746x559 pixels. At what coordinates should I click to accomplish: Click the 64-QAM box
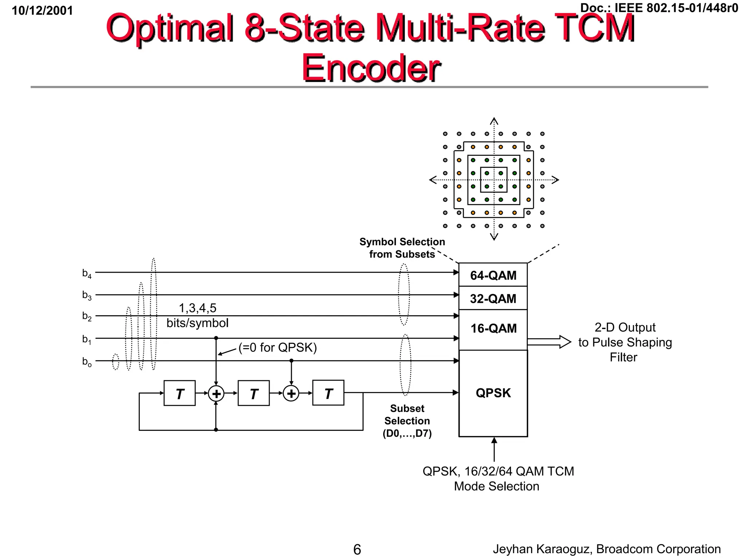[493, 275]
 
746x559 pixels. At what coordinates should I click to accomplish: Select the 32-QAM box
[493, 298]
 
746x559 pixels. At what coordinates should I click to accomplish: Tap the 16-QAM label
[493, 328]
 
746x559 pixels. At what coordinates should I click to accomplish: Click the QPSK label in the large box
[493, 393]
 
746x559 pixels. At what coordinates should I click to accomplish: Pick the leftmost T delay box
[180, 393]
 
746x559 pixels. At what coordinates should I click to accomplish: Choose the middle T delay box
[254, 393]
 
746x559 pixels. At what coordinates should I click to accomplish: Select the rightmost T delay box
[328, 393]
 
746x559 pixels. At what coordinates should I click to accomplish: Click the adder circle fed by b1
[216, 393]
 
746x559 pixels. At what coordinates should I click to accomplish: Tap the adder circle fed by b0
[291, 393]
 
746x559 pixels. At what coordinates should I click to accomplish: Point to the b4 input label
[87, 273]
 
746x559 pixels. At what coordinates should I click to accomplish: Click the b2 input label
[87, 316]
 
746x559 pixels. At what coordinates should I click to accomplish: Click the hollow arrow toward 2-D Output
[549, 342]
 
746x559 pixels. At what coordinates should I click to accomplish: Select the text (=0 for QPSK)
[278, 348]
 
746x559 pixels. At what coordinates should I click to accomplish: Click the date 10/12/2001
[42, 11]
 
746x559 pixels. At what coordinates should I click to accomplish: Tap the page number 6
[357, 549]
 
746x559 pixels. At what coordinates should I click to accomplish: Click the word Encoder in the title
[371, 68]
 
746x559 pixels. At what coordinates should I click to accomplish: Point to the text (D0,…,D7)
[407, 433]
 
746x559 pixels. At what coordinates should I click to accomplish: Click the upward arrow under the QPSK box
[494, 449]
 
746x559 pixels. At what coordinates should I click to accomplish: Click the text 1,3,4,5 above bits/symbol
[197, 308]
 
